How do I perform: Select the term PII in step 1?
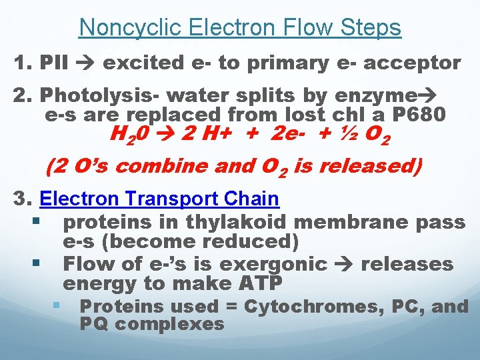(x=55, y=63)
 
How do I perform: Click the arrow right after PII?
(x=87, y=63)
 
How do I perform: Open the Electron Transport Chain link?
(x=159, y=199)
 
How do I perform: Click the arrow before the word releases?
(x=344, y=263)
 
